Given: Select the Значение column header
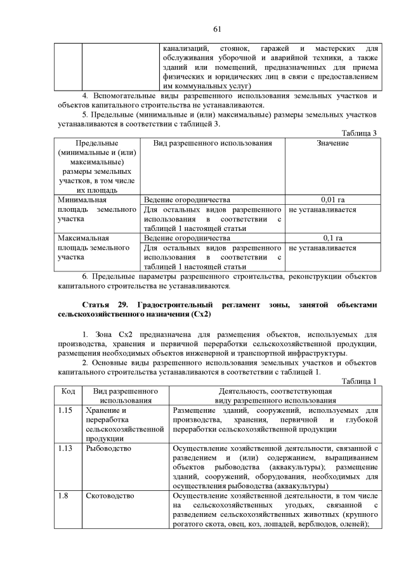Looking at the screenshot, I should pyautogui.click(x=332, y=143).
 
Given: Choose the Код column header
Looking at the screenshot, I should pyautogui.click(x=67, y=391).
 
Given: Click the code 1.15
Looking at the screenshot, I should pyautogui.click(x=65, y=410).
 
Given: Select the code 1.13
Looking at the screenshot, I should pyautogui.click(x=65, y=448).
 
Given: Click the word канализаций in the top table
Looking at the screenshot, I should pyautogui.click(x=186, y=48).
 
